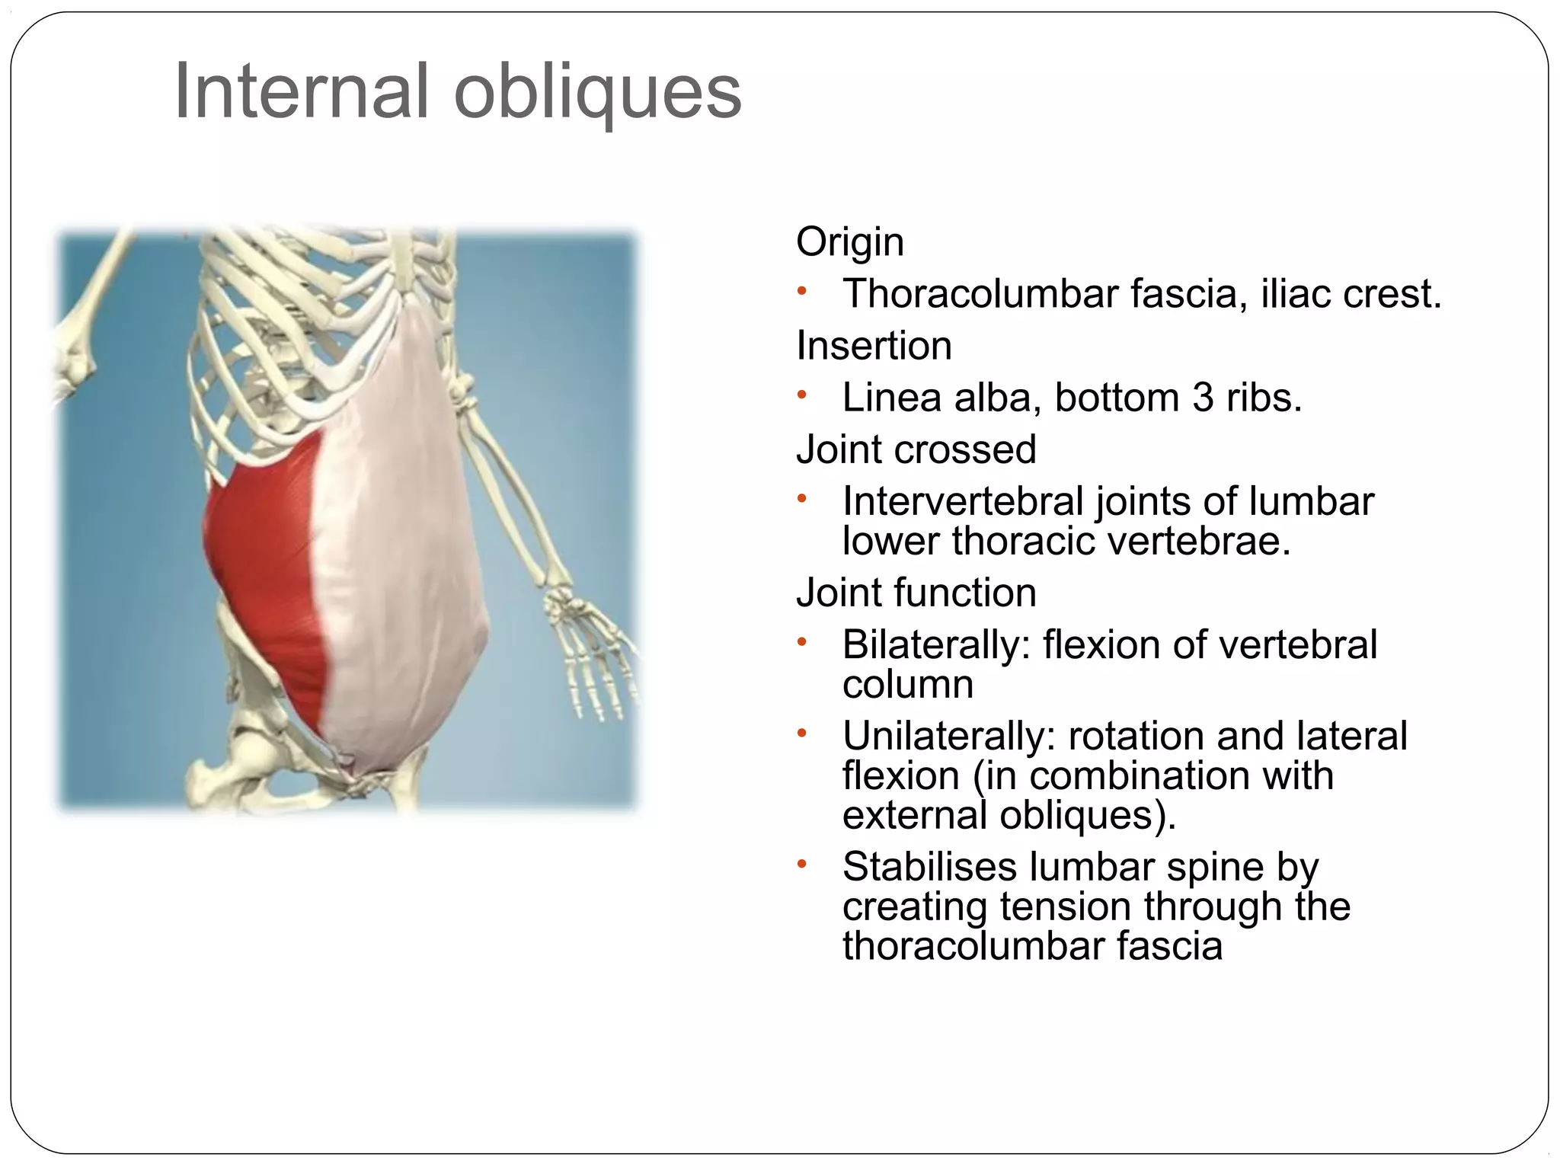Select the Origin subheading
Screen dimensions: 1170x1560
[x=849, y=242]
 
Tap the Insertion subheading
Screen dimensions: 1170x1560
[x=874, y=346]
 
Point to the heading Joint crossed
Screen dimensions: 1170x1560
[x=916, y=449]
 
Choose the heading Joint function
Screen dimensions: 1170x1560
[x=916, y=593]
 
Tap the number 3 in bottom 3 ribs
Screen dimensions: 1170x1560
[x=1202, y=398]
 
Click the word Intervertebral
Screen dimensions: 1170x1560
[x=963, y=501]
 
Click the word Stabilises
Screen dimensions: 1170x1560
[x=930, y=867]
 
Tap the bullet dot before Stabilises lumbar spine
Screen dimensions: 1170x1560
[x=801, y=864]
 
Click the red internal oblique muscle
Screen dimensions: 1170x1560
[x=267, y=564]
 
